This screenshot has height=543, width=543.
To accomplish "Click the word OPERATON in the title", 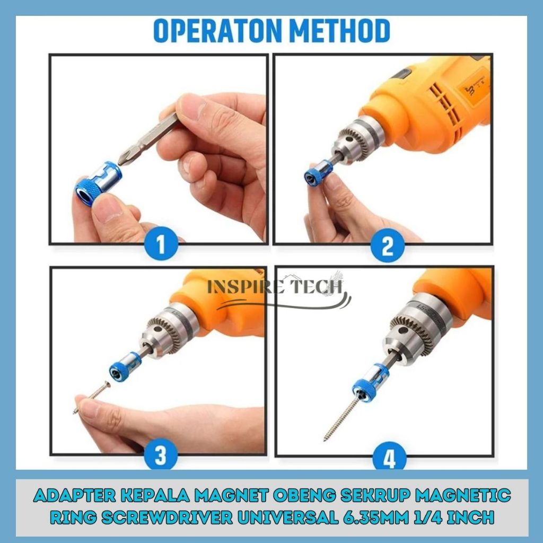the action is pos(218,31).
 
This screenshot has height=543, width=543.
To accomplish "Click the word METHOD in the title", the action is pos(340,31).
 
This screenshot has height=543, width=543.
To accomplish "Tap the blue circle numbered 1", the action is pos(161,243).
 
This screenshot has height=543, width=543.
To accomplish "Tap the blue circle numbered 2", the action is pos(388,246).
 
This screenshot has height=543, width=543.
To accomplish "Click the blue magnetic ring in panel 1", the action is pos(98,183).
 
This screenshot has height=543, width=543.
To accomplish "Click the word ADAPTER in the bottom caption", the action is pos(74,495).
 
